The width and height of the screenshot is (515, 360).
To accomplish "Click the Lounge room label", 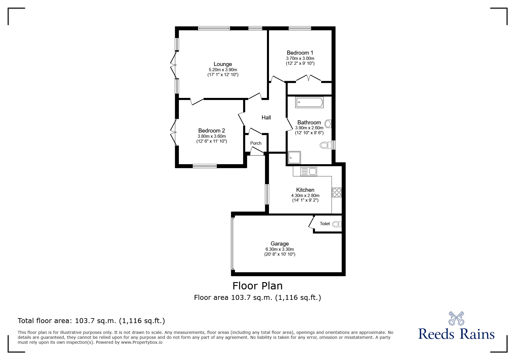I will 223,64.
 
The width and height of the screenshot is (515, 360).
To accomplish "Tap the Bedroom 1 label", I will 300,53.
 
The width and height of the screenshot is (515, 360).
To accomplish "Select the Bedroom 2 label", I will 211,131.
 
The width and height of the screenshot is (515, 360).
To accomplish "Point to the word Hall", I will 266,118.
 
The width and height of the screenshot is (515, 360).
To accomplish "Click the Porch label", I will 256,143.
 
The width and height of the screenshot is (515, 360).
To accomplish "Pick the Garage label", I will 279,244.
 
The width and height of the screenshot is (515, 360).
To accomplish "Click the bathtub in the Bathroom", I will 309,103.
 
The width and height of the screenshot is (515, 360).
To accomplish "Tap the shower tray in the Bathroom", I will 294,158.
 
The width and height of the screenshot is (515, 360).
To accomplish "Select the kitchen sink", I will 308,171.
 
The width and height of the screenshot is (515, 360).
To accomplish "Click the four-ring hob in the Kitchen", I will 337,193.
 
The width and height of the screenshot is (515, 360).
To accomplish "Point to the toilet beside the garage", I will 337,224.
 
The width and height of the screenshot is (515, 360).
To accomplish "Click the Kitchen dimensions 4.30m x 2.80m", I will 305,196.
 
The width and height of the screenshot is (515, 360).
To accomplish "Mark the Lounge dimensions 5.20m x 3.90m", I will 223,70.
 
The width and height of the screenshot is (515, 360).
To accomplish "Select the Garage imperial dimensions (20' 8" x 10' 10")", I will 279,254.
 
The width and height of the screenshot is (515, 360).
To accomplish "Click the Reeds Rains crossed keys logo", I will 456,318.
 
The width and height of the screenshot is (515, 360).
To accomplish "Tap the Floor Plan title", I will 257,286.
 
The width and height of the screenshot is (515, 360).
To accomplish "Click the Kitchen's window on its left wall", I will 267,194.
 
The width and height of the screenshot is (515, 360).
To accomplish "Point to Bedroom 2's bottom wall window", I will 204,166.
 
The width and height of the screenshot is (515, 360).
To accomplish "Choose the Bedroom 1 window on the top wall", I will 300,28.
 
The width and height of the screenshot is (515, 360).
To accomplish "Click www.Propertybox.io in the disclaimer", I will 142,342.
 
